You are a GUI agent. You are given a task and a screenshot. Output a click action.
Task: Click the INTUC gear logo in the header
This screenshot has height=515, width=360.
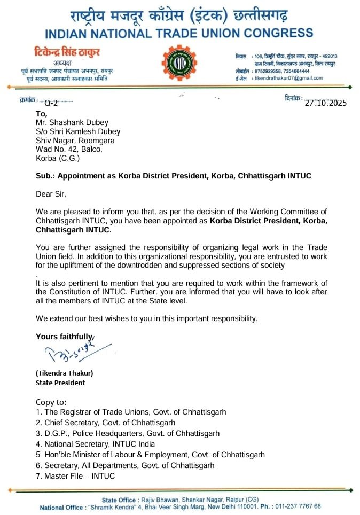coord(179,65)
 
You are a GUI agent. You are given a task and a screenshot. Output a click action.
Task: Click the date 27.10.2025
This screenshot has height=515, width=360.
coord(325,103)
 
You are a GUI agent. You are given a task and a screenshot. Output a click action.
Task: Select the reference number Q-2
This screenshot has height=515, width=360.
coord(51,103)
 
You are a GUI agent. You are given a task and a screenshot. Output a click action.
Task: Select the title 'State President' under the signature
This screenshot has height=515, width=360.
coord(60,383)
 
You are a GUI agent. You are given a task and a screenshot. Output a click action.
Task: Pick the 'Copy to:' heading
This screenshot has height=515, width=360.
coord(51,402)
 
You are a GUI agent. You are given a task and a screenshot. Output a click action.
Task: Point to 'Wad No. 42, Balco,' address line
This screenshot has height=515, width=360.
coord(69,150)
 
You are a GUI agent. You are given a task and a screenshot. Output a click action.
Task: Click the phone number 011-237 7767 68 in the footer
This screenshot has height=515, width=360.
coord(297,506)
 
